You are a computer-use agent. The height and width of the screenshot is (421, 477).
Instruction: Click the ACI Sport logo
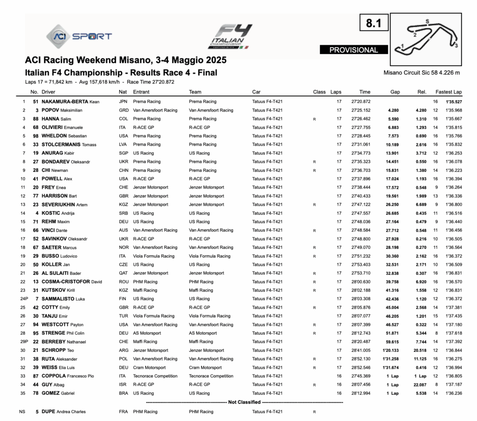point(79,36)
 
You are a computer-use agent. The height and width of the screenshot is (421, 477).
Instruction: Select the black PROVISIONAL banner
point(354,50)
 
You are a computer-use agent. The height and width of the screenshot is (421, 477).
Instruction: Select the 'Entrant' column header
point(141,92)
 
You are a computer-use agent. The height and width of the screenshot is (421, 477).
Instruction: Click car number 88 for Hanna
point(35,119)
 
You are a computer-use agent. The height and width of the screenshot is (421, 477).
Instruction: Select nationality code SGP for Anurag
point(123,153)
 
